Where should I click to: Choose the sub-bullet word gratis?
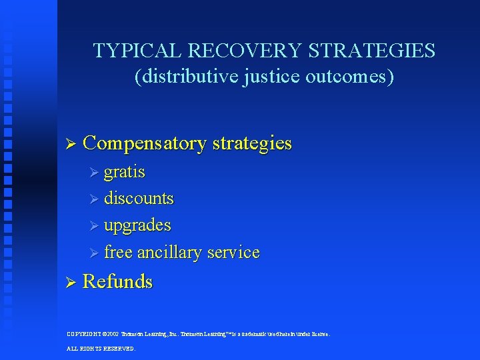(x=125, y=172)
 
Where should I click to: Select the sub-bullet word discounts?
(x=139, y=199)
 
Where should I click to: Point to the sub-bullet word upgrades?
(x=137, y=226)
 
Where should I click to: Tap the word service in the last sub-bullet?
(x=233, y=253)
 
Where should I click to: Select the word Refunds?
(x=117, y=282)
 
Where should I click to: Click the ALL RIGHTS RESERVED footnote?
(x=101, y=348)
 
